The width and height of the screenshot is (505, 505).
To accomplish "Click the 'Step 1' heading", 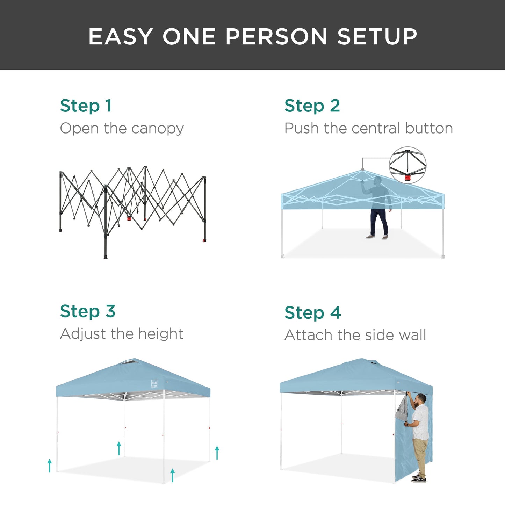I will point(86,106).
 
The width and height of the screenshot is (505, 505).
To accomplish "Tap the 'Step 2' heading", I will point(312,106).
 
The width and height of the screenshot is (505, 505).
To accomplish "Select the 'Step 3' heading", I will point(87,311).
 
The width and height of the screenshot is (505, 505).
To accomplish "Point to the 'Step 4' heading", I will point(312,312).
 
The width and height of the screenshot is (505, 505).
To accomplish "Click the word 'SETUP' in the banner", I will point(377,36).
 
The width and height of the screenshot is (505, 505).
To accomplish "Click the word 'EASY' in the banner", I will point(121,36).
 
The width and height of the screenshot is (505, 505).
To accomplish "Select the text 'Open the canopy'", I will point(122,128).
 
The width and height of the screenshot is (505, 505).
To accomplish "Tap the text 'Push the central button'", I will point(368,128).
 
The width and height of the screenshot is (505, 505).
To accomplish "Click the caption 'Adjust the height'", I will point(122,334).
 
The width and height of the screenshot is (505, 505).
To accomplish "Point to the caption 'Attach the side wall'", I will point(355,335).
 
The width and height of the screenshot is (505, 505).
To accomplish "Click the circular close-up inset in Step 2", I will point(407,165).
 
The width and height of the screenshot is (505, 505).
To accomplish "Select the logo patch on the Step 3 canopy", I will point(154,383).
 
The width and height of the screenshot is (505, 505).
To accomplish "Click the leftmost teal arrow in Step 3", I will point(50,466).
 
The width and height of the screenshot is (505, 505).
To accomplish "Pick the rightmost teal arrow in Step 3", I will point(217,453).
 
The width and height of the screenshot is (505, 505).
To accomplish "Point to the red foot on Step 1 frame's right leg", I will point(204,240).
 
